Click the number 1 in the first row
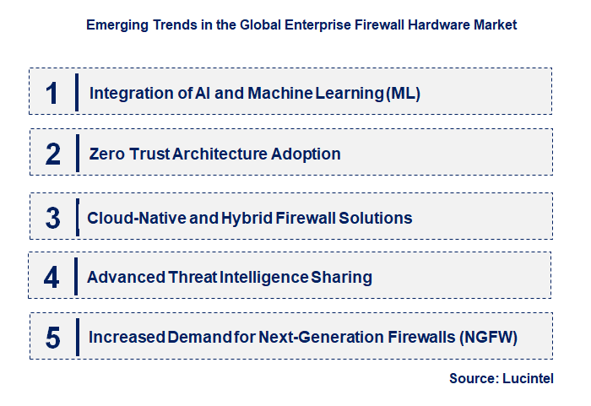52,93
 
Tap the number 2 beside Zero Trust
52,154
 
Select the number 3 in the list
52,218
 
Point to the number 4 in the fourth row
52,277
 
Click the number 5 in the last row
52,338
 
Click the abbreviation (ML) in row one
404,94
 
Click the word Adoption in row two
306,154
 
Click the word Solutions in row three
376,218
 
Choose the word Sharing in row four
341,278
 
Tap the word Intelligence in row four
264,278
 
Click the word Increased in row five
127,337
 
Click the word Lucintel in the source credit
528,378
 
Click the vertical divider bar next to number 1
77,92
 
